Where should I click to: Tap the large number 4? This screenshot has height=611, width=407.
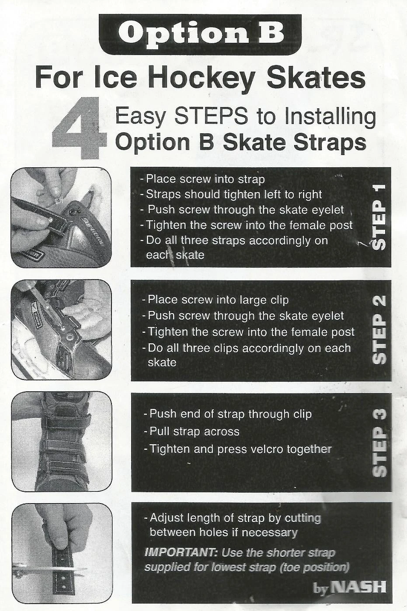coord(79,129)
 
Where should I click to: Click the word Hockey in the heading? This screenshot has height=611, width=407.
coord(202,78)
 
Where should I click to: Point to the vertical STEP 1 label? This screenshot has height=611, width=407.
coord(379,217)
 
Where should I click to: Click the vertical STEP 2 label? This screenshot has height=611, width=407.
coord(379,330)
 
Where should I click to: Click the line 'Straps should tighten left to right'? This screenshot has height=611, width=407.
coord(233,194)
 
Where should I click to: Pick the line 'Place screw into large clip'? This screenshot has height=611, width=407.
coord(218,300)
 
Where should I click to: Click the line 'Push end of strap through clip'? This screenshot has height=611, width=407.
coord(230,414)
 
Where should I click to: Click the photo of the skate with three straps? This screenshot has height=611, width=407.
coord(62,442)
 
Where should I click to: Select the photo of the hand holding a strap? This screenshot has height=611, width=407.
coord(62,553)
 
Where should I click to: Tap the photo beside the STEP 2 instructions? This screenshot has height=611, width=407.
coord(61,330)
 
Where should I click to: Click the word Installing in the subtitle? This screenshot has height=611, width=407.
coord(330,117)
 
